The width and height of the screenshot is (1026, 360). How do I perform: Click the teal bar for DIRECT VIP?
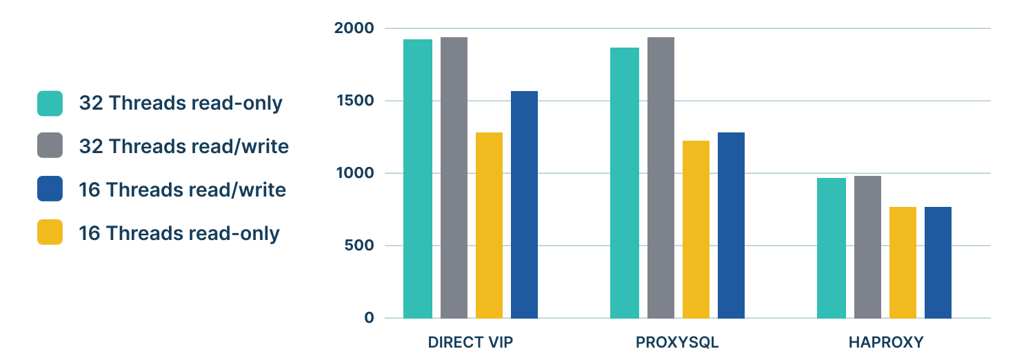[419, 179]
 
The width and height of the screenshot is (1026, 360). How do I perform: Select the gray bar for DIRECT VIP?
[454, 178]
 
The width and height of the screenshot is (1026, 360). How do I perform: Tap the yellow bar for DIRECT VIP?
[489, 225]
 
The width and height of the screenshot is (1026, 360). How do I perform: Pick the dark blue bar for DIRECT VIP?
[524, 204]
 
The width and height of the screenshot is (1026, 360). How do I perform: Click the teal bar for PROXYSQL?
[625, 183]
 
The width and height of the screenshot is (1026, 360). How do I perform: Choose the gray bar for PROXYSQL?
[661, 178]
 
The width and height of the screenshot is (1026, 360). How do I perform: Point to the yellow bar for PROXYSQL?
[696, 229]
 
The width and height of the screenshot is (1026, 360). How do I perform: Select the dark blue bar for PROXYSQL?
[731, 225]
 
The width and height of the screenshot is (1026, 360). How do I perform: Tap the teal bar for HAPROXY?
[832, 248]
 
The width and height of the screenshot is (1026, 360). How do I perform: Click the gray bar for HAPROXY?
[867, 247]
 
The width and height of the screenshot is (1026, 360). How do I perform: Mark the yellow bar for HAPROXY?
[903, 262]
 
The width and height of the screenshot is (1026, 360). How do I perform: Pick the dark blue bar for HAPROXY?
[938, 262]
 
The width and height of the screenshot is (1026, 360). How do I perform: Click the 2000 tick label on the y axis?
[354, 28]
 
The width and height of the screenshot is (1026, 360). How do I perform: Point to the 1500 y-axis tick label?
[356, 101]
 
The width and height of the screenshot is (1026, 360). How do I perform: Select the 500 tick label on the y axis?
[359, 246]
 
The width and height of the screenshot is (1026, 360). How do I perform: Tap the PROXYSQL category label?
[677, 343]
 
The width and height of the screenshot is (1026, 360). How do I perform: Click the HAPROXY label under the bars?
[885, 343]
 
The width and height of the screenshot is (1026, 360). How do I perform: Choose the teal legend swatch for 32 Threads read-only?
[50, 103]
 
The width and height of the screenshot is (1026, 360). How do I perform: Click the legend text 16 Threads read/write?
[182, 190]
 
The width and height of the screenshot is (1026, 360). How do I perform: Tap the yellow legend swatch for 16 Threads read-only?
[50, 232]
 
